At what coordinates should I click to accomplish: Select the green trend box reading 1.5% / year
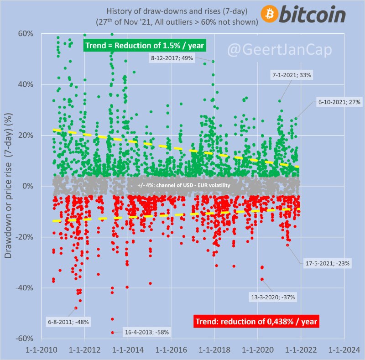145,45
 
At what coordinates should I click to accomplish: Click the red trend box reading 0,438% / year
255,321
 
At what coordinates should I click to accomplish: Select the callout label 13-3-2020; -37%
273,297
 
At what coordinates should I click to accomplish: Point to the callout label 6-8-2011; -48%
68,322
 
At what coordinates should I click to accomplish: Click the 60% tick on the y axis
26,34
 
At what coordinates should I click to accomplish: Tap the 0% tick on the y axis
28,186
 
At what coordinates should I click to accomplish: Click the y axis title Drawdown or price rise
8,185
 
